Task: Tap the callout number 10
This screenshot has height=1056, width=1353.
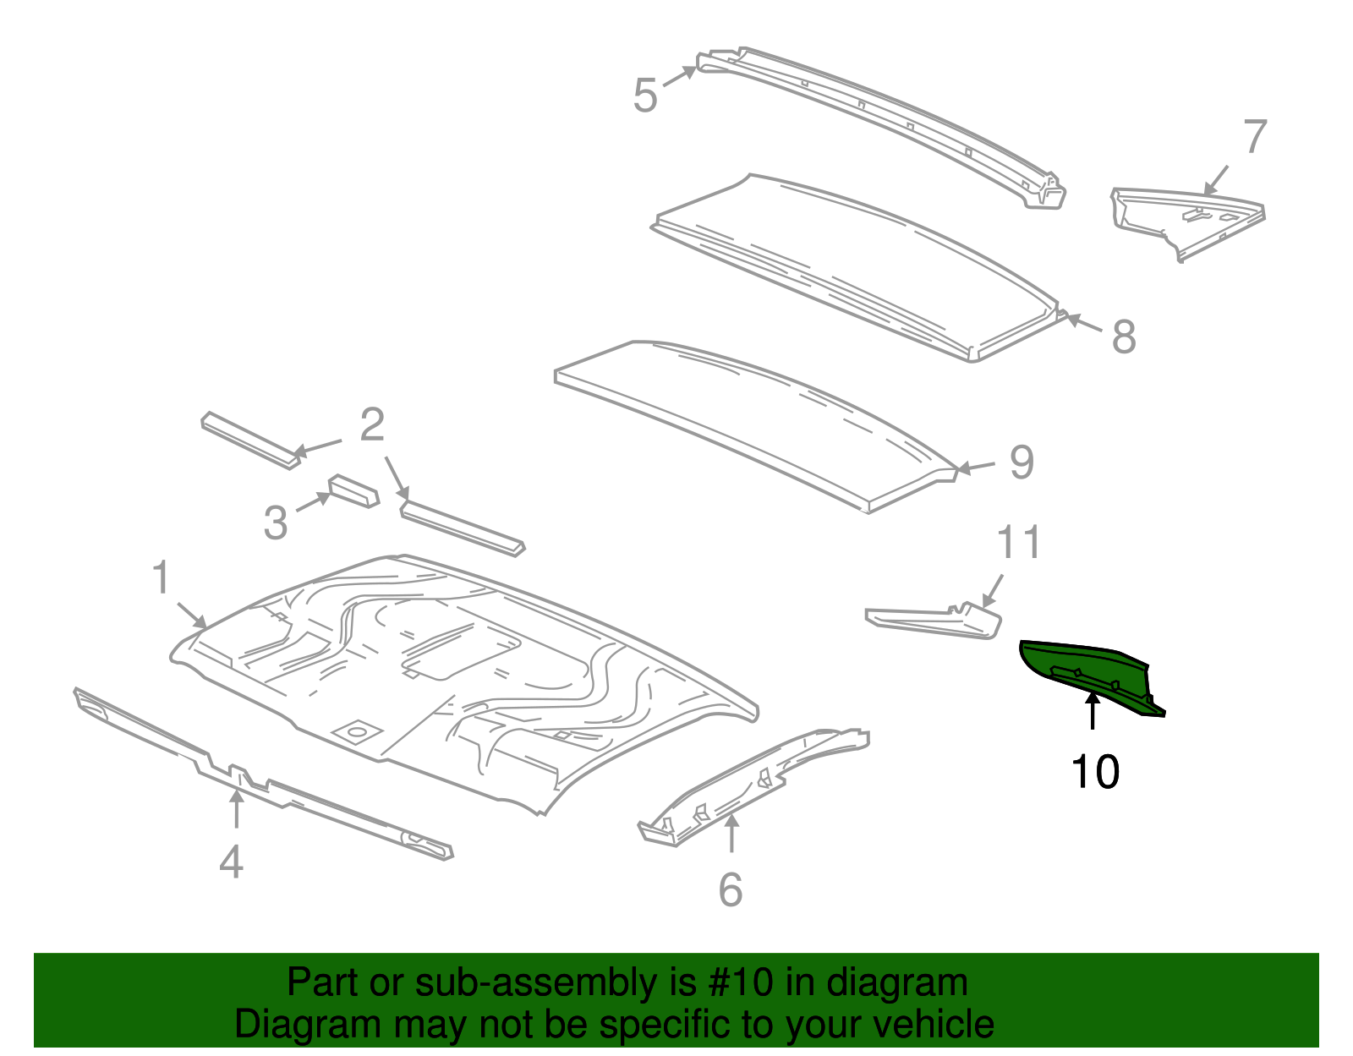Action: coord(1094,772)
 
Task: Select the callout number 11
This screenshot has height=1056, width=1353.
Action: coord(1018,543)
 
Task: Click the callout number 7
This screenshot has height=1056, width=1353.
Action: coord(1255,137)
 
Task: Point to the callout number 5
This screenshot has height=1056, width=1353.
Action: coord(644,95)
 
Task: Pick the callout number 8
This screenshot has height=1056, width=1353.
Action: coord(1123,336)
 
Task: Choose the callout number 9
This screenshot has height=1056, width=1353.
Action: coord(1022,462)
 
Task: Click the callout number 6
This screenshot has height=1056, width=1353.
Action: coord(731,889)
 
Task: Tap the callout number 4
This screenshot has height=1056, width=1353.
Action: coord(231,862)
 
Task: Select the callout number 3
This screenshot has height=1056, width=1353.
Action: coord(276,523)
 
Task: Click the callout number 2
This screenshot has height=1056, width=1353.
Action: coord(372,425)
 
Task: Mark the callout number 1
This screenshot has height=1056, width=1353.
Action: coord(161,578)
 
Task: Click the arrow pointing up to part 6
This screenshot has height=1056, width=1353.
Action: coord(731,833)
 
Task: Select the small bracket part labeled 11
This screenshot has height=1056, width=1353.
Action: coord(934,621)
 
